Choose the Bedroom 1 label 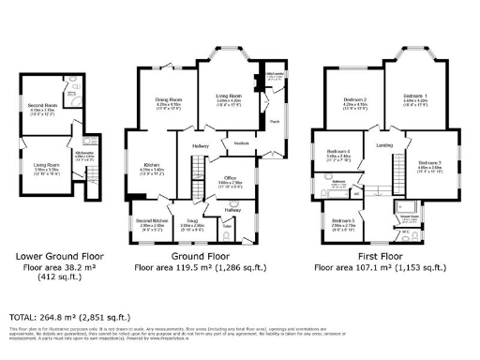(x=414, y=97)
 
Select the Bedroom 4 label (x=338, y=151)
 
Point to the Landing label (x=384, y=145)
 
